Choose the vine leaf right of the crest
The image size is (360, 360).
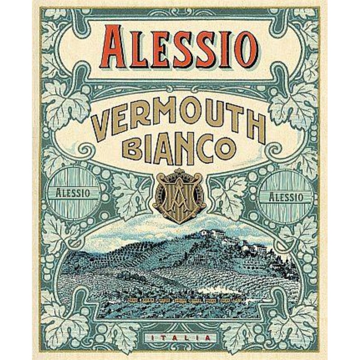[229, 193]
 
